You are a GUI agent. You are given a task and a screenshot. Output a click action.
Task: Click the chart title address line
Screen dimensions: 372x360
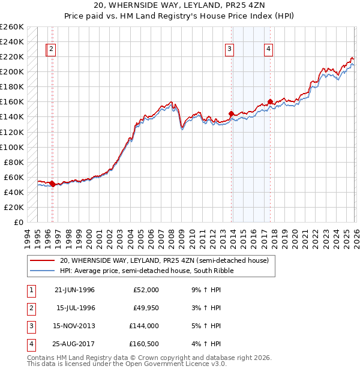click(179, 5)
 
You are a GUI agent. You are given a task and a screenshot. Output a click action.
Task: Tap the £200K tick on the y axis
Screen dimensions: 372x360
click(12, 71)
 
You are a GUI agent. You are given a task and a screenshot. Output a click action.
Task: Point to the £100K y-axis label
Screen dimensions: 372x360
click(12, 147)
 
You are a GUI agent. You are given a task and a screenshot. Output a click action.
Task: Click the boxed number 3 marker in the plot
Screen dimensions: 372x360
click(230, 50)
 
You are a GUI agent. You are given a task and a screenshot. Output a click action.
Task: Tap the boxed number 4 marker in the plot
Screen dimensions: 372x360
click(269, 50)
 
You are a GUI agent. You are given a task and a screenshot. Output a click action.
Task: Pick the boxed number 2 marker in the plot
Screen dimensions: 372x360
click(52, 50)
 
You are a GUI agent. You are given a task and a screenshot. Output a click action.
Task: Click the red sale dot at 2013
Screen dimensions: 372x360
click(231, 113)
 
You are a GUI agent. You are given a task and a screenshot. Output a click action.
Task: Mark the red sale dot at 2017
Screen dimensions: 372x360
click(270, 101)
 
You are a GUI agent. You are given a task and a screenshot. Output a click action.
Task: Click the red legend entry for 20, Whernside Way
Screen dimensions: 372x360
click(167, 260)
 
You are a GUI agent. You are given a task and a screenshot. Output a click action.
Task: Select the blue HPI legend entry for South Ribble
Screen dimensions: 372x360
click(146, 271)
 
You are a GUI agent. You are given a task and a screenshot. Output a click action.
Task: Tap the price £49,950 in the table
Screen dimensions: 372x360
click(145, 308)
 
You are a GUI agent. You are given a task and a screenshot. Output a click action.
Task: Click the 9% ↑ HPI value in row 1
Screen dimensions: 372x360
click(206, 290)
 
